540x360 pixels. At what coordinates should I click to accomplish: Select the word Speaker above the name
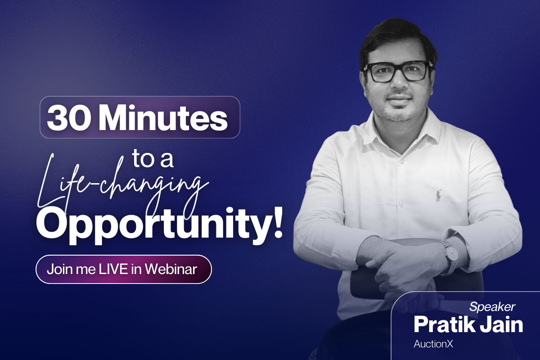click(x=492, y=307)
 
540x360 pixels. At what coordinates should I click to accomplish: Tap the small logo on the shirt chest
click(x=438, y=196)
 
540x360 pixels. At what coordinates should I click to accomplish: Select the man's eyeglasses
click(x=397, y=72)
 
